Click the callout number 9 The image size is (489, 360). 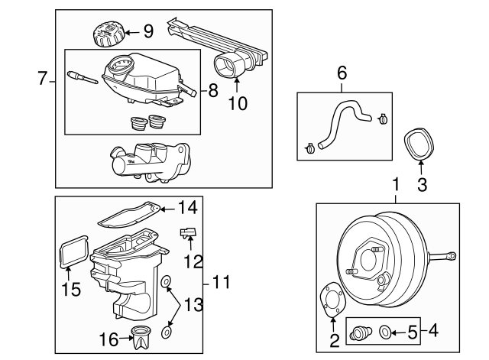coord(148,31)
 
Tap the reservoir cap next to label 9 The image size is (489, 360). coord(107,35)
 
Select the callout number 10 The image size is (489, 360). coord(238,103)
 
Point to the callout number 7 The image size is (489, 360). coord(43,77)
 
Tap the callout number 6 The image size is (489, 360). coord(342,73)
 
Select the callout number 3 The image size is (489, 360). coord(421,183)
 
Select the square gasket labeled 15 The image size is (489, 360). coord(71,251)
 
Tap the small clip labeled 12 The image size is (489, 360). coord(188,233)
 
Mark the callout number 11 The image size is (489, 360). coord(222,283)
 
